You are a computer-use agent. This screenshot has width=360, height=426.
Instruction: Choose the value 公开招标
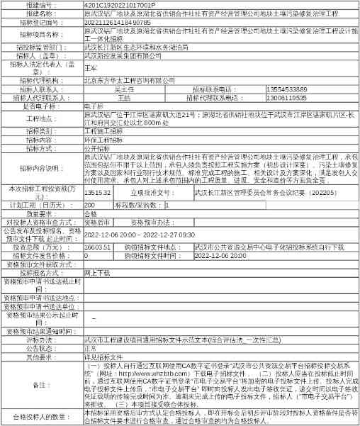(98, 149)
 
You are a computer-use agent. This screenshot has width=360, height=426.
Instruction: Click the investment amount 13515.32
(96, 192)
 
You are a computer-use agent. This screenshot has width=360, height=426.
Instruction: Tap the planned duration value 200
(89, 203)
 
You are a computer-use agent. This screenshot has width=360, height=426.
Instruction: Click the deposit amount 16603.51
(96, 247)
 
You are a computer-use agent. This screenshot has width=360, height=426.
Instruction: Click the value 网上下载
(98, 272)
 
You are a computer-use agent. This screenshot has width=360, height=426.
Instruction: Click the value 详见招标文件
(102, 357)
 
